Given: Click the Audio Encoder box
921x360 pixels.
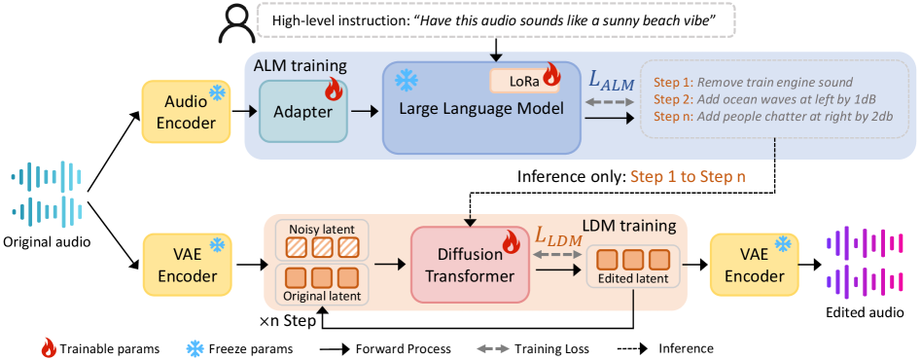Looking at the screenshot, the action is coord(185,112).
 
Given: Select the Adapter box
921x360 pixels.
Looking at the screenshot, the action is coord(302,112).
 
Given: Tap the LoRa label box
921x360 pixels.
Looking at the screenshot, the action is coord(524,82).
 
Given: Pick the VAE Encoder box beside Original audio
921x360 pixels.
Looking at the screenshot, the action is coord(185,265).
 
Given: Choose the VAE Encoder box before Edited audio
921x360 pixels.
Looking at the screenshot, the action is coord(754,265).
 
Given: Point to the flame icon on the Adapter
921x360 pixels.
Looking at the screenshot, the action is coord(333,90).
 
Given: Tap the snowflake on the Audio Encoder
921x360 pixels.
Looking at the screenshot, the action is coord(218,93).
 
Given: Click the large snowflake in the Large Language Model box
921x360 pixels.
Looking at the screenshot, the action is coord(406,82).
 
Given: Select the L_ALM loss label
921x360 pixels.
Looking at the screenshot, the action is coord(611,83).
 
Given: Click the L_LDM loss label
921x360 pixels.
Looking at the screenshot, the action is coord(557,236).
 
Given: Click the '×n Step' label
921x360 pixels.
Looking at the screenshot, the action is coord(288,322).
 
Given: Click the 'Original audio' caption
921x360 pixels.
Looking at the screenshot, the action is coord(47,240).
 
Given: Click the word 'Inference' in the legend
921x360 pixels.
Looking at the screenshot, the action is coord(686,348).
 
